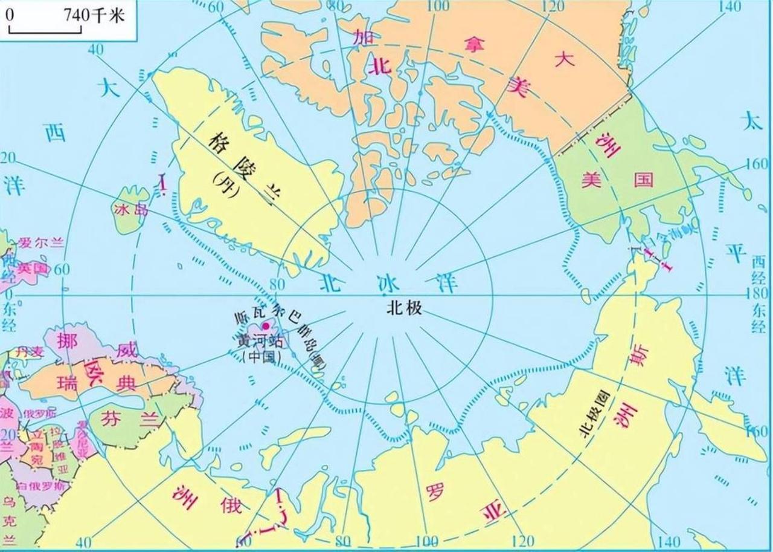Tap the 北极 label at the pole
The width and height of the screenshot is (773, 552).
pyautogui.click(x=404, y=308)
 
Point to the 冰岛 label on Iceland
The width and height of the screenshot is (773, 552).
pyautogui.click(x=129, y=209)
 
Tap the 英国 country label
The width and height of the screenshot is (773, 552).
pyautogui.click(x=32, y=267)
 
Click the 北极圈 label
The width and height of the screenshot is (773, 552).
pyautogui.click(x=594, y=420)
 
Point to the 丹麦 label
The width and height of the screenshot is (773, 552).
pyautogui.click(x=30, y=351)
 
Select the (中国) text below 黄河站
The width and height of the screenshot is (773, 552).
pyautogui.click(x=261, y=357)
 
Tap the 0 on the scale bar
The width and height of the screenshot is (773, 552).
pyautogui.click(x=10, y=14)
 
